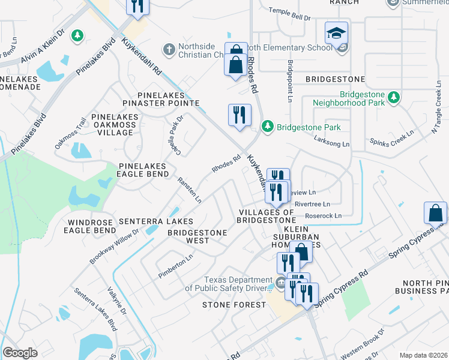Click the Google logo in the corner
pyautogui.click(x=20, y=353)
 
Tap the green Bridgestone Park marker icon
pyautogui.click(x=267, y=127)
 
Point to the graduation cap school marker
pyautogui.click(x=337, y=34)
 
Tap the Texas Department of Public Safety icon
pyautogui.click(x=280, y=283)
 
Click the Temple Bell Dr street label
pyautogui.click(x=289, y=11)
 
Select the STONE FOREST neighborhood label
pyautogui.click(x=234, y=305)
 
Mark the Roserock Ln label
pyautogui.click(x=322, y=215)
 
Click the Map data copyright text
pyautogui.click(x=423, y=355)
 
